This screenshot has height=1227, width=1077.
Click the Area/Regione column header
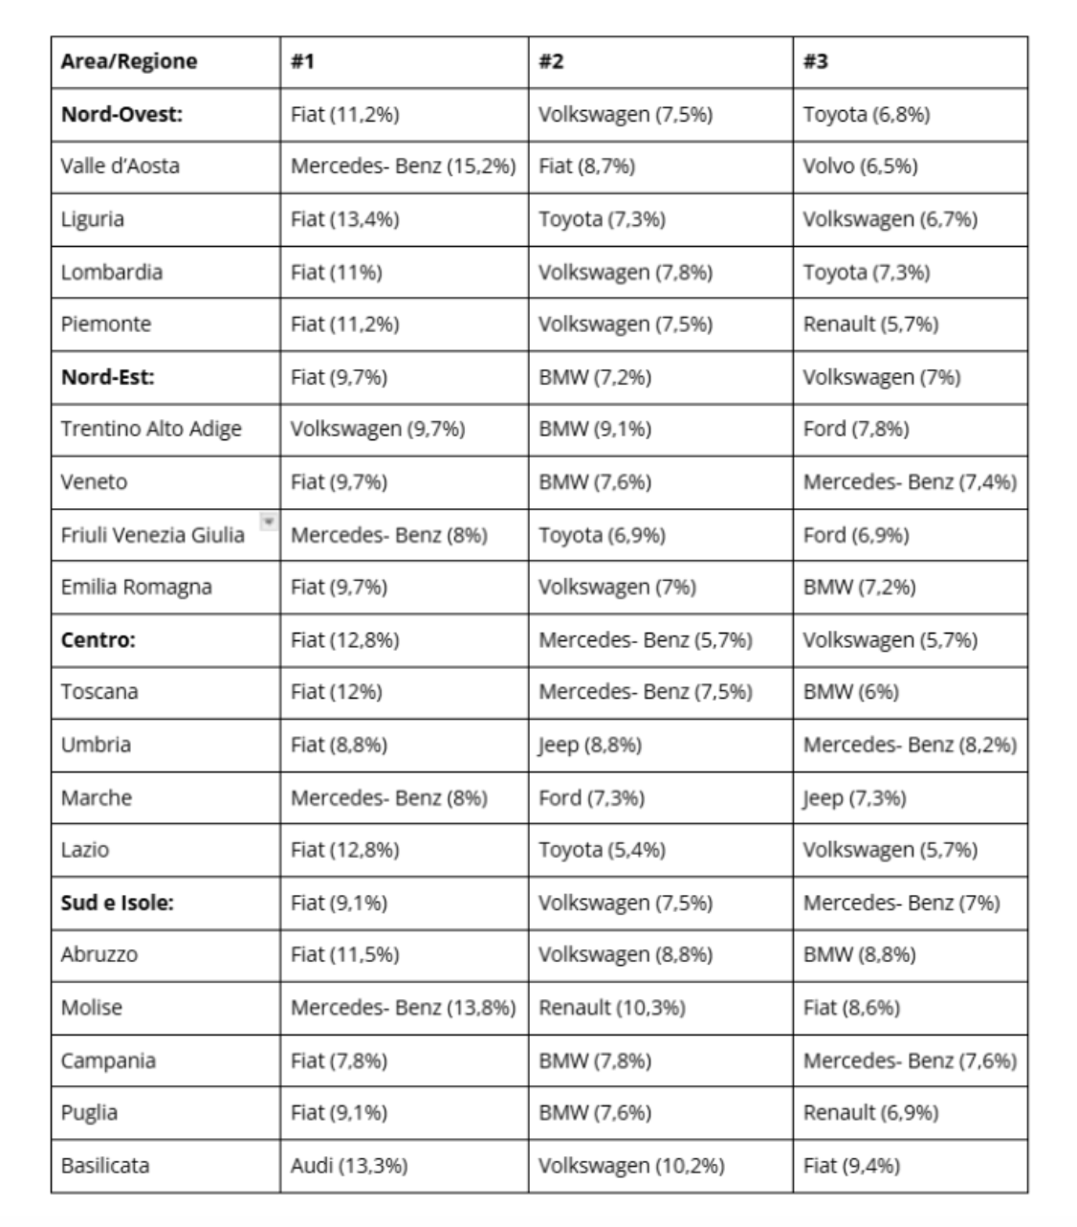129,61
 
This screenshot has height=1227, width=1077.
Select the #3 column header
816,61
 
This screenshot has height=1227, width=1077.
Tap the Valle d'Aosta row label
120,167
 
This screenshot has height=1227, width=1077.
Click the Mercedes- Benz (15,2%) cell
403,167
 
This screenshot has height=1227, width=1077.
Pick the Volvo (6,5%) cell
860,167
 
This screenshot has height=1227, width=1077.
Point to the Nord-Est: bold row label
107,377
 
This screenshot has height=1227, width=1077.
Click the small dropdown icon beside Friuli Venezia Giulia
269,522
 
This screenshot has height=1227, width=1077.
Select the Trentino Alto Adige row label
151,429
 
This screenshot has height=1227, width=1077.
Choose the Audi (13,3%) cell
349,1166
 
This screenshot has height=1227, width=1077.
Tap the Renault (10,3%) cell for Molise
612,1008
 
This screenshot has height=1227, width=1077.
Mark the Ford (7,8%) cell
856,429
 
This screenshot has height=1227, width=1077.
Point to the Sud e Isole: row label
118,903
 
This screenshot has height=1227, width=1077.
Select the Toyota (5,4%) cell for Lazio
602,850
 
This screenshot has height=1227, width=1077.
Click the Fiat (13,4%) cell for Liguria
345,219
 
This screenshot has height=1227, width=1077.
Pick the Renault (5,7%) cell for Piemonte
870,324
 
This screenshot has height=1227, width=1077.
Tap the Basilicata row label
105,1166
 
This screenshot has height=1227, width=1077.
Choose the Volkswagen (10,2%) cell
631,1166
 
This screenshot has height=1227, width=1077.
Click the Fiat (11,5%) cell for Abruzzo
345,955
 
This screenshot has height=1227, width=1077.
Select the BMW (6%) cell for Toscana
850,692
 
